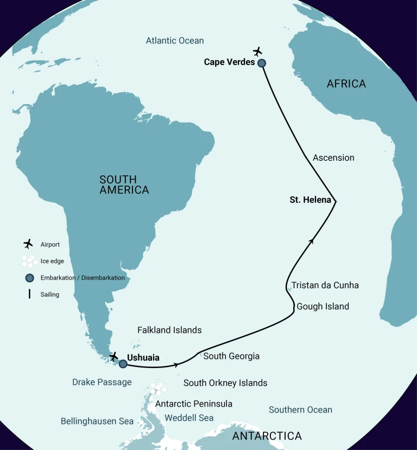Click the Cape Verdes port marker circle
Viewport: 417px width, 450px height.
tap(262, 63)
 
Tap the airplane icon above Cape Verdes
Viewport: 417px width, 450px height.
tap(257, 52)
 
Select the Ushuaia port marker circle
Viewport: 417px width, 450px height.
tap(123, 364)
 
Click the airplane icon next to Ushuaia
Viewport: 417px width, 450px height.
tap(113, 357)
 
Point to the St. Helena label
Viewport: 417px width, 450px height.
tap(310, 200)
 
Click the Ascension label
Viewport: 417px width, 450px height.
tap(333, 157)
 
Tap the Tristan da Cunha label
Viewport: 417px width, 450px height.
tap(325, 285)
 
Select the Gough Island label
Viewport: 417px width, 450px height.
tap(323, 307)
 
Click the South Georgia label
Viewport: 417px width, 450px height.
tap(231, 356)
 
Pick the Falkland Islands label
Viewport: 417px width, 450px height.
tap(169, 330)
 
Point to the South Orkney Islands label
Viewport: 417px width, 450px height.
tap(225, 383)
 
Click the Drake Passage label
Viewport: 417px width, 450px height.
tap(102, 382)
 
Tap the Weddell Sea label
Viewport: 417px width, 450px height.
tap(189, 417)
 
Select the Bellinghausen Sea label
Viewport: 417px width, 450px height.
tap(97, 421)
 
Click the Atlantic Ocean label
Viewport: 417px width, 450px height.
tap(175, 41)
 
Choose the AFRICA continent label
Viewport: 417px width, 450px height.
tap(346, 84)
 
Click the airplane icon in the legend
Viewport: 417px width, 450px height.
tap(28, 244)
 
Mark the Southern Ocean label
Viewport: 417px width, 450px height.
tap(300, 410)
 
